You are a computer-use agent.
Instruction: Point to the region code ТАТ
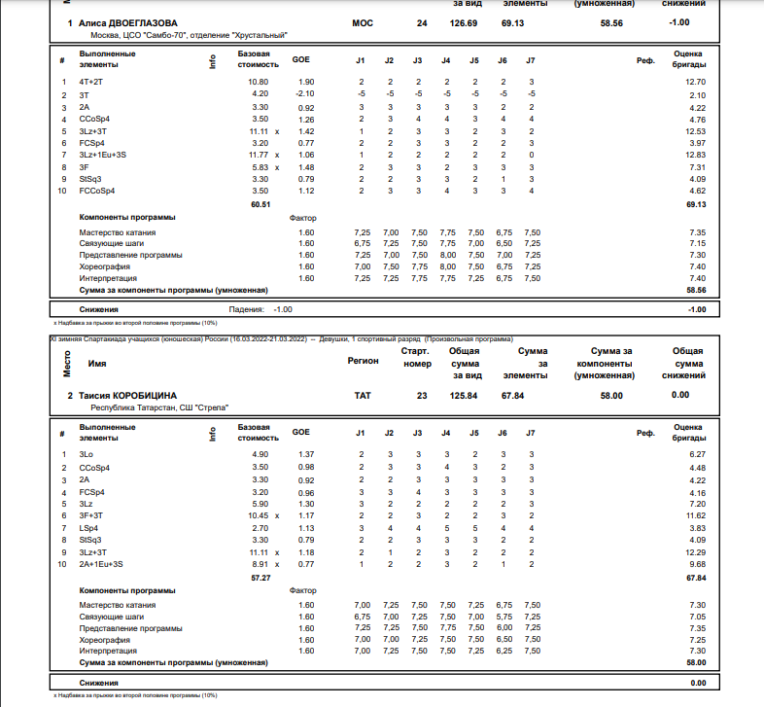pyautogui.click(x=363, y=395)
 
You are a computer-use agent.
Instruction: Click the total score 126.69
pyautogui.click(x=464, y=22)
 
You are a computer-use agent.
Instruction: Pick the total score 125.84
pyautogui.click(x=464, y=395)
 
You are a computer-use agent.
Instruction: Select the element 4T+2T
pyautogui.click(x=91, y=82)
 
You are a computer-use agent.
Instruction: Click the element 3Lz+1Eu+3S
pyautogui.click(x=103, y=155)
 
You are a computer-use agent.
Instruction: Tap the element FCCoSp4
pyautogui.click(x=97, y=191)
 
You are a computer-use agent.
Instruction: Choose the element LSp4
pyautogui.click(x=88, y=527)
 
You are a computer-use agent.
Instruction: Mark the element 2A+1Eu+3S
pyautogui.click(x=101, y=563)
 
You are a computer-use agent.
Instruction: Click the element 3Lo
pyautogui.click(x=86, y=454)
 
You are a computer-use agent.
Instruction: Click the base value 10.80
pyautogui.click(x=259, y=82)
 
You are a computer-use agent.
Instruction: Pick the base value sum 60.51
pyautogui.click(x=260, y=205)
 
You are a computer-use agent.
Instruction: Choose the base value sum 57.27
pyautogui.click(x=260, y=578)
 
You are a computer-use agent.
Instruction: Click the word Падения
pyautogui.click(x=246, y=309)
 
